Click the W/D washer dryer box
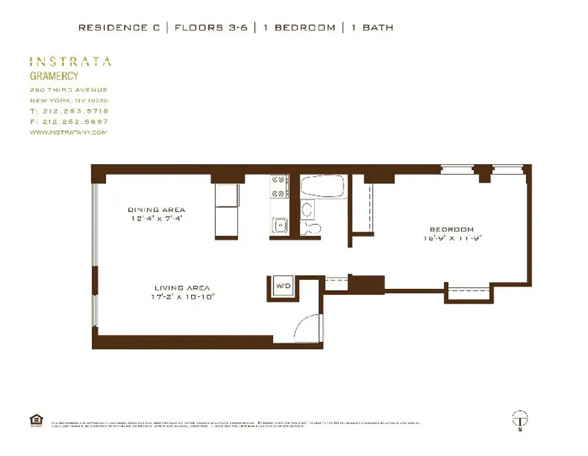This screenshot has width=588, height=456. pos(283,286)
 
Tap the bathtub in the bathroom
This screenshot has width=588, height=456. pos(323,186)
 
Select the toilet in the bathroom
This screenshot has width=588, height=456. pos(311,227)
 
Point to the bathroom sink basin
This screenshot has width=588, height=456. pos(307,209)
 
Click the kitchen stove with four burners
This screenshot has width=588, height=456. pos(279,186)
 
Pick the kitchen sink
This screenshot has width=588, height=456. pos(280,225)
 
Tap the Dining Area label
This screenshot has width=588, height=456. pos(156,210)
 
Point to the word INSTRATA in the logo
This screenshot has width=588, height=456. pos(70,62)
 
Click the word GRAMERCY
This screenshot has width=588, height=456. pos(54,76)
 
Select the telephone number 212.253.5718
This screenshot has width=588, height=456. pos(75,111)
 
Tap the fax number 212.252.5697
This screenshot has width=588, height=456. pos(75,121)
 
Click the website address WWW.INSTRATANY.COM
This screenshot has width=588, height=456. pos(68,132)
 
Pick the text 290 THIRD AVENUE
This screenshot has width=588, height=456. pos(68,90)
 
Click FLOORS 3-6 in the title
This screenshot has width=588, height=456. pos(211,27)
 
